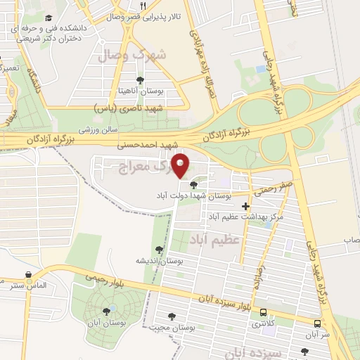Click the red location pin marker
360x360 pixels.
(181, 165)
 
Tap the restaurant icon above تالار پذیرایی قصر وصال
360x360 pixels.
(143, 6)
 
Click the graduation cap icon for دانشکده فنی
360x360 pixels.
(48, 18)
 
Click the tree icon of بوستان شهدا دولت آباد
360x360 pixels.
(193, 184)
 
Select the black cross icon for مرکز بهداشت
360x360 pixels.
(245, 207)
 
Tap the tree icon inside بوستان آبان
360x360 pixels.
(107, 310)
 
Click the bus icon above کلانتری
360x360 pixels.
(264, 312)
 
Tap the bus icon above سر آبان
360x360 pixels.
(318, 323)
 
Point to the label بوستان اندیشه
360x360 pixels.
(161, 261)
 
